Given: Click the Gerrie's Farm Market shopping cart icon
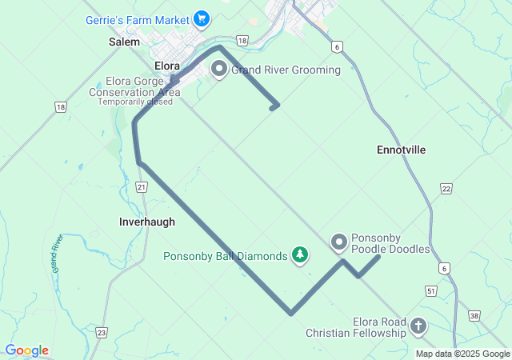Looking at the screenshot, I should (x=201, y=18).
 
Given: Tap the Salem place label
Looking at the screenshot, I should (x=124, y=42).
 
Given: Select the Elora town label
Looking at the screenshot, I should (x=167, y=66).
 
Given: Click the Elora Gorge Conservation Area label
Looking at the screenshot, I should (x=134, y=86).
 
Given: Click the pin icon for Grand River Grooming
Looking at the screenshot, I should (x=218, y=70).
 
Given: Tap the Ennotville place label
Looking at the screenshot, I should (x=401, y=150).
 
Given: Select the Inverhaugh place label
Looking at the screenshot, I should (x=146, y=222).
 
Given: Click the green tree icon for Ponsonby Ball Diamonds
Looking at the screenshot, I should (x=300, y=255).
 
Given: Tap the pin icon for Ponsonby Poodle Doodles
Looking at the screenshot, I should (x=339, y=241).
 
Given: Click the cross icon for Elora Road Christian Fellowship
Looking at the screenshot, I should (x=418, y=326).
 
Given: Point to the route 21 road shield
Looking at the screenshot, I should (x=142, y=187).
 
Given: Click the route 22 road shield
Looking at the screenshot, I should (x=446, y=188).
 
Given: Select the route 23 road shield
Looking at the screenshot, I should (x=102, y=332).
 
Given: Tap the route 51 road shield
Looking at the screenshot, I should (x=431, y=292).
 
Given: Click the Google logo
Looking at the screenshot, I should (x=26, y=350).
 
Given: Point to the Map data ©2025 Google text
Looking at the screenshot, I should (x=462, y=354).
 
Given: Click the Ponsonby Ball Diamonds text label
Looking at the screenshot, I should (x=225, y=257).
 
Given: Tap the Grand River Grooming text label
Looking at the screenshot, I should (x=286, y=70).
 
